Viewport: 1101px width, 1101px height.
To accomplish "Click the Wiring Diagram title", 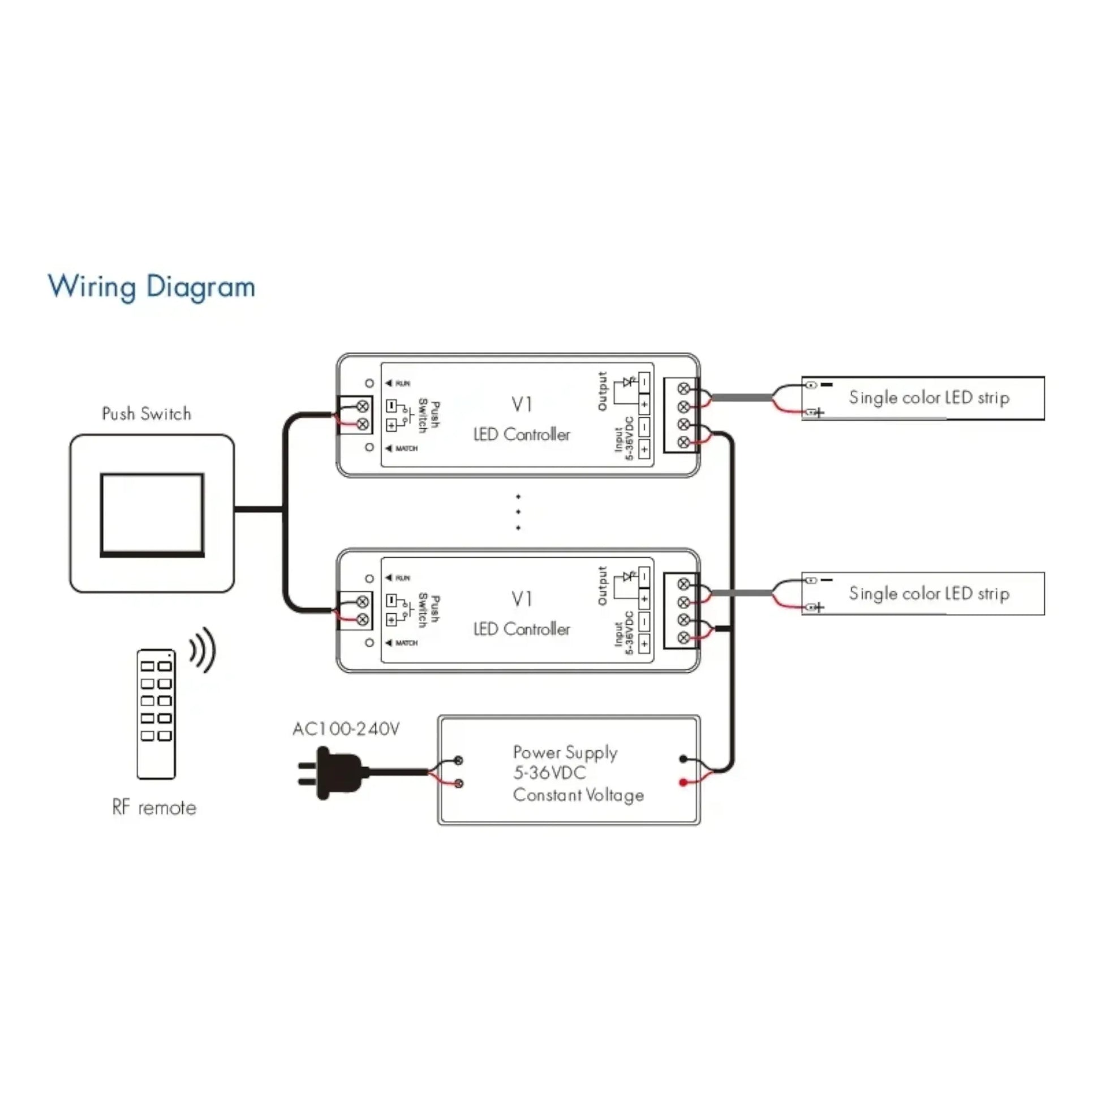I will pyautogui.click(x=151, y=286).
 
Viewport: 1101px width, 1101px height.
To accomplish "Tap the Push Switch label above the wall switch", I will pyautogui.click(x=147, y=414).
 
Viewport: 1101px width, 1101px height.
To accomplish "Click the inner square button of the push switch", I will pyautogui.click(x=152, y=514).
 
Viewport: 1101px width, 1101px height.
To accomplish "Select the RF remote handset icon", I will pyautogui.click(x=156, y=713).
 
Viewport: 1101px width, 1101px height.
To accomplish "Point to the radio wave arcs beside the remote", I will pyautogui.click(x=204, y=650).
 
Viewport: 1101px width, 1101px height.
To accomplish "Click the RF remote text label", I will pyautogui.click(x=154, y=807).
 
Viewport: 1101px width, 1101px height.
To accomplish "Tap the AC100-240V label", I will pyautogui.click(x=346, y=729).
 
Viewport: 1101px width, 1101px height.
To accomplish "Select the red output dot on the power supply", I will pyautogui.click(x=683, y=782).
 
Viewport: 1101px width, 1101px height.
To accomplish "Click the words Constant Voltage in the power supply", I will pyautogui.click(x=578, y=795).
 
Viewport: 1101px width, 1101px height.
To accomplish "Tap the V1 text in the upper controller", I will pyautogui.click(x=522, y=405).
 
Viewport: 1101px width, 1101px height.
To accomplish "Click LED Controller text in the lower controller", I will pyautogui.click(x=522, y=629).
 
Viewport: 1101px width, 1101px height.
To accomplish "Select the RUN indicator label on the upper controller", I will pyautogui.click(x=402, y=384).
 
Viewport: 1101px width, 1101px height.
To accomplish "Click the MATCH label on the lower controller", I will pyautogui.click(x=406, y=643).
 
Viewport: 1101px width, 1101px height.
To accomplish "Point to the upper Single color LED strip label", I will pyautogui.click(x=929, y=398).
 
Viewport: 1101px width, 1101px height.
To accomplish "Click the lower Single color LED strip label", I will pyautogui.click(x=929, y=594).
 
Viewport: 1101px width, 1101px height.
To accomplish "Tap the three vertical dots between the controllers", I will pyautogui.click(x=518, y=513).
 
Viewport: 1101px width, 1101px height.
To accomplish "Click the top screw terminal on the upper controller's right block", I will pyautogui.click(x=684, y=389).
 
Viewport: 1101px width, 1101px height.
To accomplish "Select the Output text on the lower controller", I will pyautogui.click(x=603, y=586).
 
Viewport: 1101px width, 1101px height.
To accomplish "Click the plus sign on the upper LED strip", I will pyautogui.click(x=819, y=412).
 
